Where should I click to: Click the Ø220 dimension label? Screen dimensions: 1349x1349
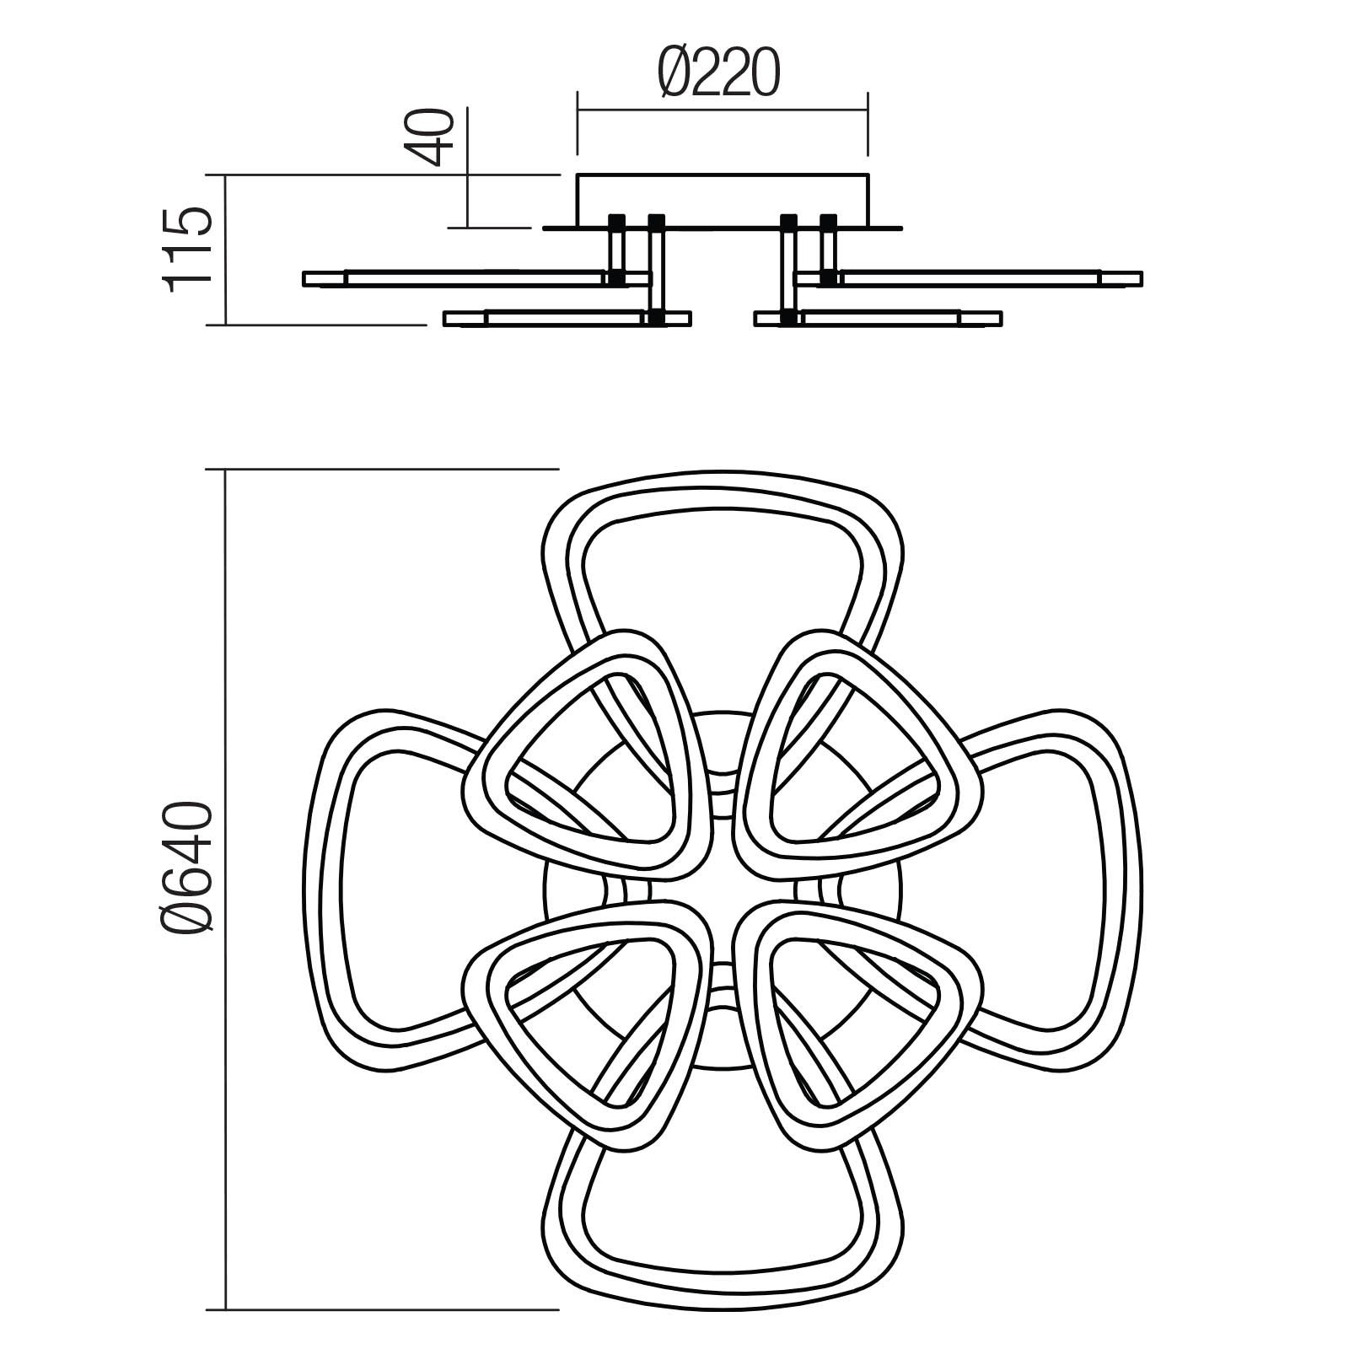coord(717,73)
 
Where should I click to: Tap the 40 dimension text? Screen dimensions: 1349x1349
coord(437,137)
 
